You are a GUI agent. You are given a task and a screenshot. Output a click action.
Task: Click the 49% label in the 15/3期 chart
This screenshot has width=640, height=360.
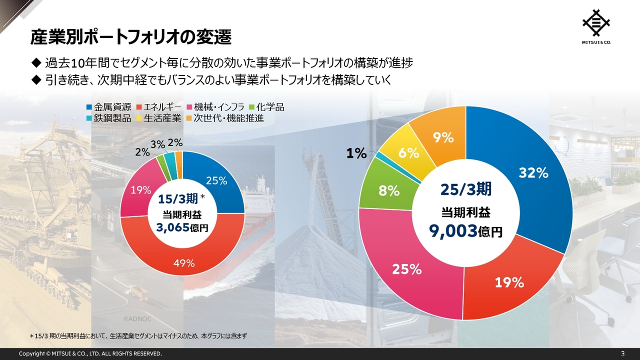tap(183, 263)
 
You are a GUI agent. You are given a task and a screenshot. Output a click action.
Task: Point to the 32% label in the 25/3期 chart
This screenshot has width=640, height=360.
tap(533, 173)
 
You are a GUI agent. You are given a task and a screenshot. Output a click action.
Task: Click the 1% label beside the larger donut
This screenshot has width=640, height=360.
tap(356, 153)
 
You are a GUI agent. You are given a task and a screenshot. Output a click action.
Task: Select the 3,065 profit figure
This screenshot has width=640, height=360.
tap(173, 227)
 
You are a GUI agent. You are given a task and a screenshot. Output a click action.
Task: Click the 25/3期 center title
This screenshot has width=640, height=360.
tap(466, 189)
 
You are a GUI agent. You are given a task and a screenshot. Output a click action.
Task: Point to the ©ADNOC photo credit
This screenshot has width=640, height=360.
tap(137, 318)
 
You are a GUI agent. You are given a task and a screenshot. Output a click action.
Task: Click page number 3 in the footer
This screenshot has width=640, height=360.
tap(622, 353)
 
